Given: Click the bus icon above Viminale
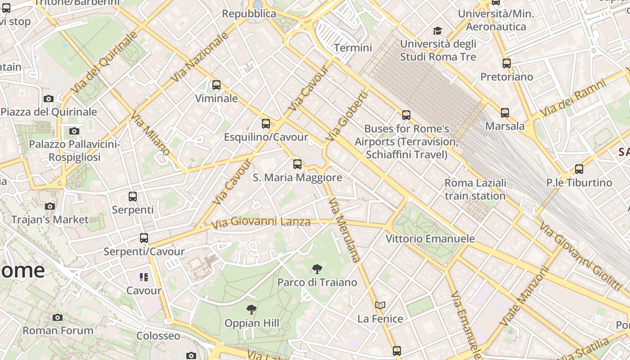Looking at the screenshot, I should click(x=216, y=85).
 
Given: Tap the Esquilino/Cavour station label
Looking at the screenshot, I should click(x=266, y=137).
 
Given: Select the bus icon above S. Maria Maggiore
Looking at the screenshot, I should click(x=297, y=164).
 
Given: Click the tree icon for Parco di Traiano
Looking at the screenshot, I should click(x=317, y=269).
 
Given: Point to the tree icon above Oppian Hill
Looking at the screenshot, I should click(x=252, y=310).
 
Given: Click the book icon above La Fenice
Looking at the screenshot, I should click(x=380, y=305).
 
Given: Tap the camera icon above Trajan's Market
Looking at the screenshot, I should click(x=50, y=206).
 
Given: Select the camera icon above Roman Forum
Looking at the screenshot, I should click(x=58, y=317).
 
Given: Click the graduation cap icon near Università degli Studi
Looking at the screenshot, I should click(x=437, y=31).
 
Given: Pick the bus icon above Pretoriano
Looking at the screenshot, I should click(x=507, y=63).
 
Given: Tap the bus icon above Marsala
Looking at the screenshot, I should click(x=505, y=113).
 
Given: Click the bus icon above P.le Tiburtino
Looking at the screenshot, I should click(x=579, y=169).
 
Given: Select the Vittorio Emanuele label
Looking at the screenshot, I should click(x=430, y=238).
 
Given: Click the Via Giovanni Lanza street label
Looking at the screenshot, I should click(x=261, y=222).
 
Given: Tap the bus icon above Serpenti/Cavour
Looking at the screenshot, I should click(x=144, y=238).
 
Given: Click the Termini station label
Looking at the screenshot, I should click(x=353, y=48).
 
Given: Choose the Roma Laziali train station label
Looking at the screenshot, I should click(x=475, y=189).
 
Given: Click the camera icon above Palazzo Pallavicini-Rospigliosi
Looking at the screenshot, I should click(x=74, y=131).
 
